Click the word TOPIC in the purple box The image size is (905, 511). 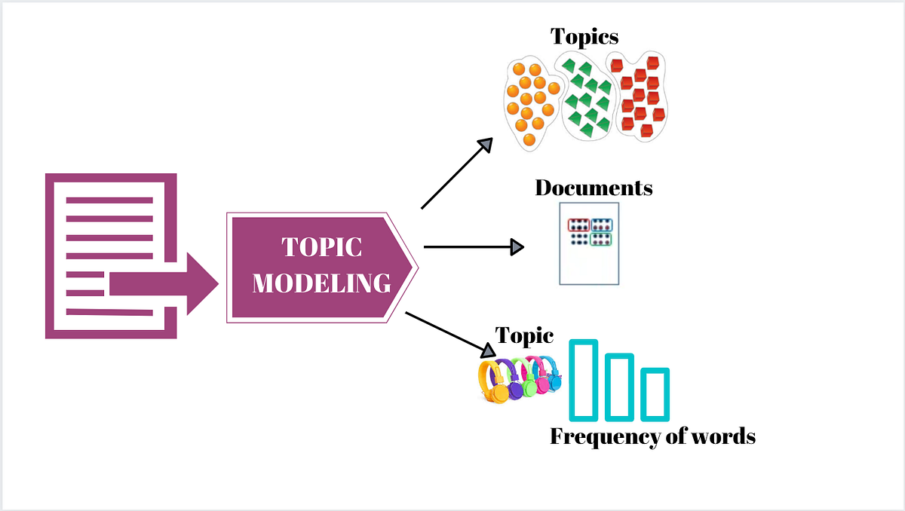tap(322, 247)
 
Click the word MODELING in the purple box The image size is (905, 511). tap(322, 283)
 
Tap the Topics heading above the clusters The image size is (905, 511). tap(584, 36)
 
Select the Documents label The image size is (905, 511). tap(594, 187)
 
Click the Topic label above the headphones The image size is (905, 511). tap(524, 336)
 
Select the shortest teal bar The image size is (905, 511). tap(655, 393)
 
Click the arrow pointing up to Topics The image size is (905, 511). tap(456, 174)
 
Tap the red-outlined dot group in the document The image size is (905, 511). tap(578, 225)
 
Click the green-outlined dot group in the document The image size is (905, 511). tap(601, 239)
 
